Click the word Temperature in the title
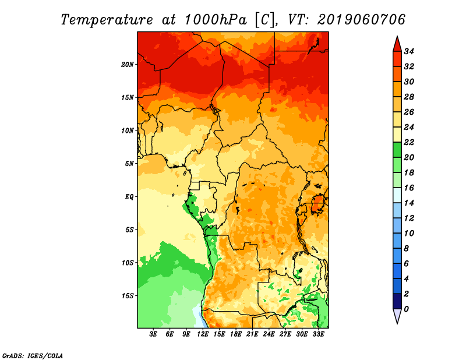tap(107, 20)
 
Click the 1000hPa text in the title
tap(216, 20)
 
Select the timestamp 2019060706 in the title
tap(361, 20)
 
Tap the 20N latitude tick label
tap(128, 65)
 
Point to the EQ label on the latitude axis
tap(129, 197)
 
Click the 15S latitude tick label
tap(128, 296)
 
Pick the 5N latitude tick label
tap(129, 164)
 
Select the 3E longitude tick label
tap(153, 334)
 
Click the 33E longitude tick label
tap(318, 334)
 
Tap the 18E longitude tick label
tap(236, 334)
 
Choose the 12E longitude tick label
tap(203, 334)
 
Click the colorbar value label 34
tap(409, 51)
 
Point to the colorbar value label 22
tap(409, 142)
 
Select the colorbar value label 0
tap(406, 309)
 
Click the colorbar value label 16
tap(409, 188)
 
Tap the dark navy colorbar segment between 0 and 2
tap(397, 301)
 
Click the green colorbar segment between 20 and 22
tap(397, 150)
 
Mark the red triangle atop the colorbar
tap(397, 44)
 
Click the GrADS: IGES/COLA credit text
tap(33, 355)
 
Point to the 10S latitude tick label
tap(128, 263)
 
